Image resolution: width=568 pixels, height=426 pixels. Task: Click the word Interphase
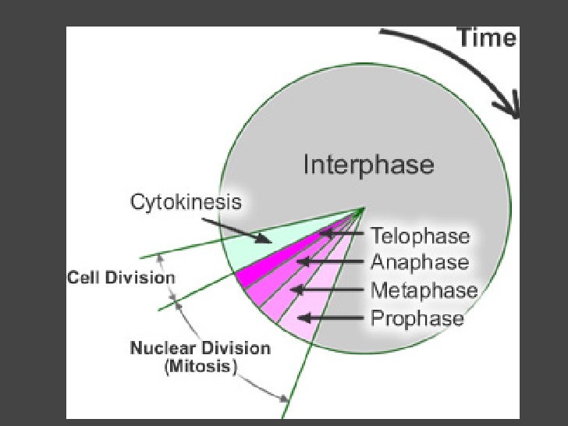[x=367, y=165]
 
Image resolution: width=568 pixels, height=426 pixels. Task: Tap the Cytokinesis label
[x=185, y=203]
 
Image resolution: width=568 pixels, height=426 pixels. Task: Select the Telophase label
[x=420, y=236]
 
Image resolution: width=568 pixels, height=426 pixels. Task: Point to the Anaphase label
[x=420, y=262]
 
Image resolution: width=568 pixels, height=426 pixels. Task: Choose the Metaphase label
[x=424, y=290]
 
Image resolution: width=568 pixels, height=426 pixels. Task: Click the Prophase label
[x=417, y=318]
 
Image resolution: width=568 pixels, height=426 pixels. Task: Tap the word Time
[x=485, y=37]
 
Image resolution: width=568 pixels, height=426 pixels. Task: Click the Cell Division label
[x=121, y=278]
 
